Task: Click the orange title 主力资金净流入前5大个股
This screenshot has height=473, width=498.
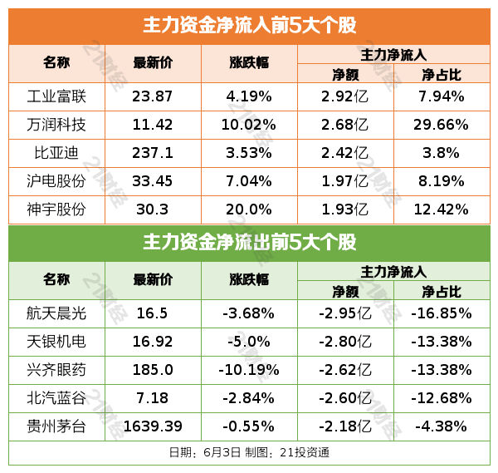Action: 249,25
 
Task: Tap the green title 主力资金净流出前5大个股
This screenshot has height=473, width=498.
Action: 249,243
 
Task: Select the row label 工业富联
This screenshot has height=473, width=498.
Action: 56,96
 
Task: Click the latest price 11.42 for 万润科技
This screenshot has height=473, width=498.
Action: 153,125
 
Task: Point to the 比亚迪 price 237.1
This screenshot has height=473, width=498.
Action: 153,153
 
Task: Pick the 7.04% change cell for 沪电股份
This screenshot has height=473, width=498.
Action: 249,180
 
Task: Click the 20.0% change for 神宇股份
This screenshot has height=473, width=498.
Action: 249,209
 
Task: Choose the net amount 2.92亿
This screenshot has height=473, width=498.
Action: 344,96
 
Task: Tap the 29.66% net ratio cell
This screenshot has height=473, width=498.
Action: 441,125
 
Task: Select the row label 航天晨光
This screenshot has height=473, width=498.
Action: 56,313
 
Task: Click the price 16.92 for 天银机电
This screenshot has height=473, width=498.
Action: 153,342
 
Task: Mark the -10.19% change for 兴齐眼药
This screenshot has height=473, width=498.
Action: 249,370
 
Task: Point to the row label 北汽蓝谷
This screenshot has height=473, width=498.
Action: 56,398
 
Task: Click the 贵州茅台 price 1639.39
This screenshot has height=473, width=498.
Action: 153,426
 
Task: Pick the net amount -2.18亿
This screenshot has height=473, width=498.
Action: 344,426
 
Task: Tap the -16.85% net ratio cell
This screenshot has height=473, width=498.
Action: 441,313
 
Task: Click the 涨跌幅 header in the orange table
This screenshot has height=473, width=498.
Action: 249,63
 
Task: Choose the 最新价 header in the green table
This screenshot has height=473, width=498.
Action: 153,280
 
